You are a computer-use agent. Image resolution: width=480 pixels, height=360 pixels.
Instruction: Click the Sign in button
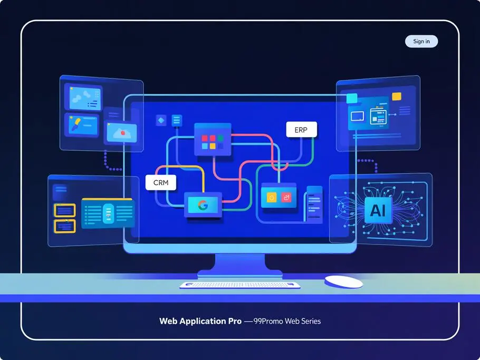tap(421, 41)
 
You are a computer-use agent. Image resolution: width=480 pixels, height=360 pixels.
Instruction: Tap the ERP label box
tap(302, 130)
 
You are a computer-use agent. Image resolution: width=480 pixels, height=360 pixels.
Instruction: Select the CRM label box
tap(160, 182)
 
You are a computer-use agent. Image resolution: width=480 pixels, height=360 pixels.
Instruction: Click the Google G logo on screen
tap(203, 205)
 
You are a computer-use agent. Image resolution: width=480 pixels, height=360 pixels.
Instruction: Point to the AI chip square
tap(378, 211)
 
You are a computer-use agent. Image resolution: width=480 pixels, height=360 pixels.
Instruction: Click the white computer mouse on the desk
tap(343, 281)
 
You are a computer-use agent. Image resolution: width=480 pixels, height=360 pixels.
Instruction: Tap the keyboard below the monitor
tap(239, 285)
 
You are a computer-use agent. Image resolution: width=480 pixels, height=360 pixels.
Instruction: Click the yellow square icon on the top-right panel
tap(352, 98)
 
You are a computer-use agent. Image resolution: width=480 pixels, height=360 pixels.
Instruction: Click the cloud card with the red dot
tap(121, 132)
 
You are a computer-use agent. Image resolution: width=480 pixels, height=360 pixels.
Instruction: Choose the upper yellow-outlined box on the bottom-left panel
tap(65, 211)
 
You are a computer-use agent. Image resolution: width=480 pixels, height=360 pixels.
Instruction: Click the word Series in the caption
tap(308, 321)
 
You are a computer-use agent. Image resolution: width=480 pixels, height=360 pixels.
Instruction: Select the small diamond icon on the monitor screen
tap(161, 121)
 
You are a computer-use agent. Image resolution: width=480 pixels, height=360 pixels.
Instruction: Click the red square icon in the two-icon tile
tap(287, 198)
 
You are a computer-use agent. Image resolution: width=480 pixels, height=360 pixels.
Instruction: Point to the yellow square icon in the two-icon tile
tap(272, 198)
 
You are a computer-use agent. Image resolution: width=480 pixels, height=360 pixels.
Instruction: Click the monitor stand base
tap(239, 273)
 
